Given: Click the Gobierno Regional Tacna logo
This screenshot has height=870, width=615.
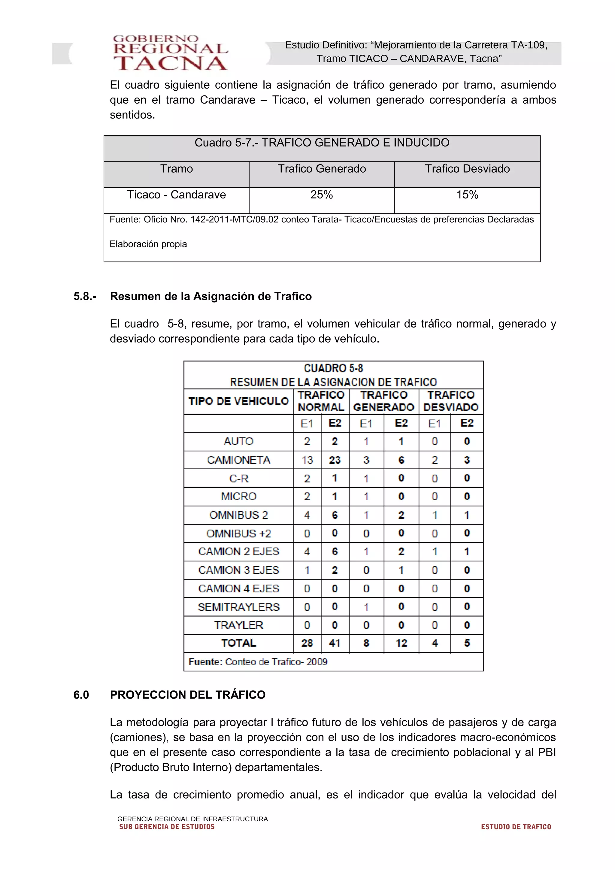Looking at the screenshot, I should (170, 53).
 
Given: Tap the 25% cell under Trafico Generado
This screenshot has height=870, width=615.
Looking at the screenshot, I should (321, 195).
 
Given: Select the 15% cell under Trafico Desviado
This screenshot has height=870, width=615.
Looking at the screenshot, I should (467, 195).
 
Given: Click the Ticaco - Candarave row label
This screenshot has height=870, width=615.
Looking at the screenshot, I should (176, 195).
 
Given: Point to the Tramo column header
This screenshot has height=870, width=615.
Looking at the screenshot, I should (176, 169).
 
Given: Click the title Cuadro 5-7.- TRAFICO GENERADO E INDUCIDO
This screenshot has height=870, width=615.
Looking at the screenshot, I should (322, 143).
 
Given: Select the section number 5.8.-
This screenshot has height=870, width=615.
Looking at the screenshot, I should (85, 296).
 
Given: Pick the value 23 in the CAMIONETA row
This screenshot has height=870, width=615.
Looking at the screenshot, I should (335, 460).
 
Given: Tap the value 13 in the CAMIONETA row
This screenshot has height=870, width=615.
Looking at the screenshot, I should (307, 460).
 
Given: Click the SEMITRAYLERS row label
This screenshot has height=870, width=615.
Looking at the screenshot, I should (238, 607).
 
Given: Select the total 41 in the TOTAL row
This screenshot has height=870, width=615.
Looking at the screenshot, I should (335, 643).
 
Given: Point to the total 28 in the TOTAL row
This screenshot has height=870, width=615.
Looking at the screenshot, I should (307, 643).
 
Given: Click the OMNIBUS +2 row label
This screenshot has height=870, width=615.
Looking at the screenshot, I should (238, 533).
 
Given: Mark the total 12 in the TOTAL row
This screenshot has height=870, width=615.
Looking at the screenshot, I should (401, 643).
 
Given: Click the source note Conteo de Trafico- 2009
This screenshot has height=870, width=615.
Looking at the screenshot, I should (276, 662).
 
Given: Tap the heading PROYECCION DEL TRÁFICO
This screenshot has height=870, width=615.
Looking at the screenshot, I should (188, 695).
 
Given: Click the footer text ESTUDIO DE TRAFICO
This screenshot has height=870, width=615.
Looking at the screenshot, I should (516, 827).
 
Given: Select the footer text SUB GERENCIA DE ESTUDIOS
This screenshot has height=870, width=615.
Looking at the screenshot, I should (167, 827).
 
